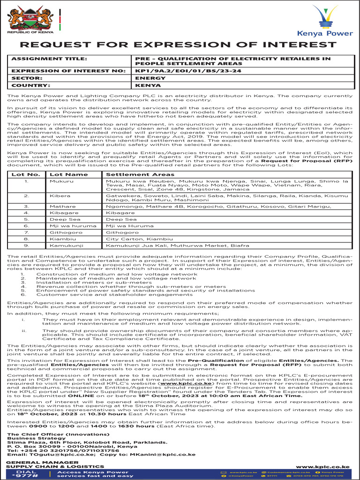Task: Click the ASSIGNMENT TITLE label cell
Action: tap(49, 59)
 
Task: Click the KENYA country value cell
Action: tap(145, 86)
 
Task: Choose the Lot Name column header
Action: tap(68, 174)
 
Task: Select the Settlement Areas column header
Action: tap(140, 174)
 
